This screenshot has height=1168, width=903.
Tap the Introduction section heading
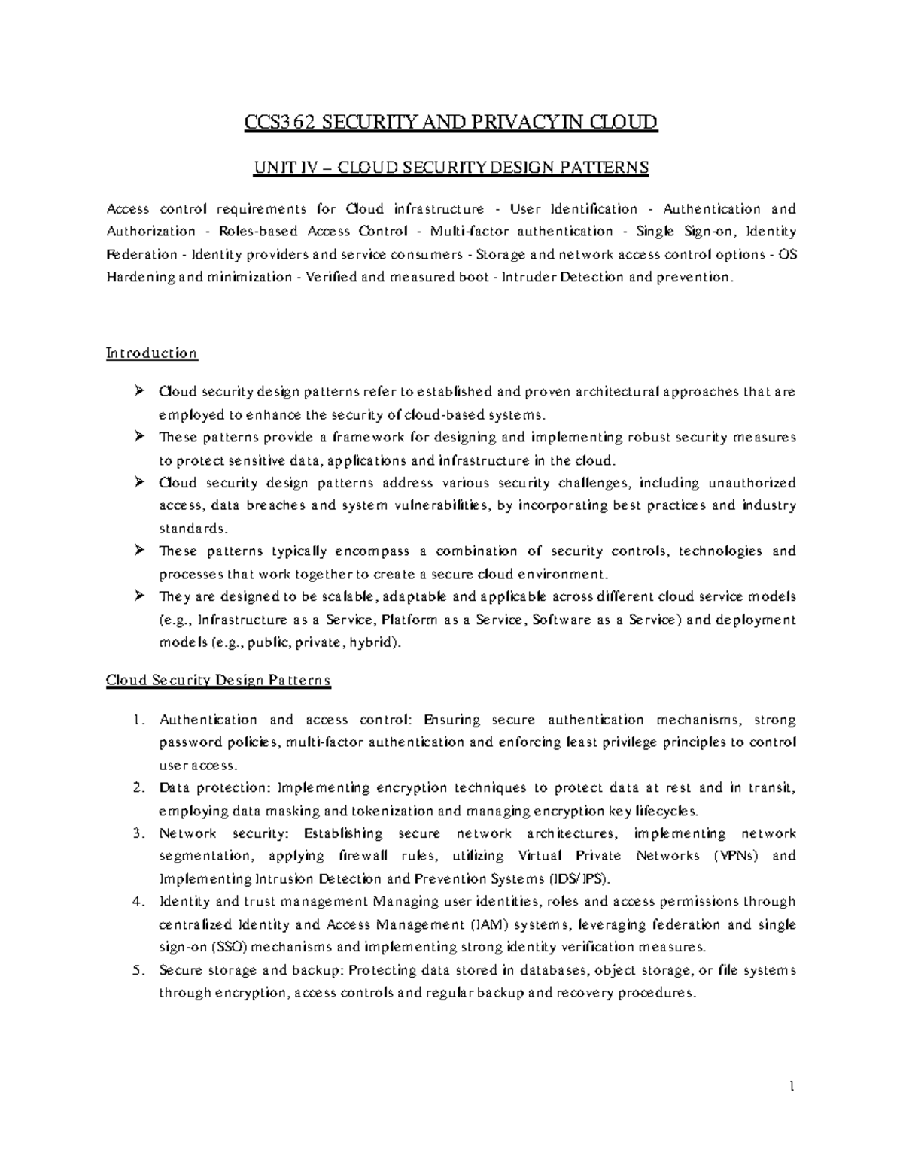click(151, 353)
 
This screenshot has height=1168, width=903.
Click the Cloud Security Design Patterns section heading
click(218, 681)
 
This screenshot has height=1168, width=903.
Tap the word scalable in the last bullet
click(352, 597)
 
